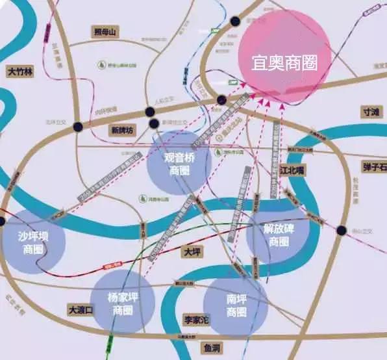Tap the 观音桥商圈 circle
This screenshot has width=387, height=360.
coord(179,162)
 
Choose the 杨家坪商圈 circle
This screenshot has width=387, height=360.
coord(123,303)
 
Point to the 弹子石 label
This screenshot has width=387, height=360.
coord(374,168)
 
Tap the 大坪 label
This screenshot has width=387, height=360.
coord(192,251)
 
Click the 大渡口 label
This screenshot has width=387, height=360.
coord(81,310)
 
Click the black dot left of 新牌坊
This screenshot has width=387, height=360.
coord(79,127)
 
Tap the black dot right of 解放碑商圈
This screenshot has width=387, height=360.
coord(342,230)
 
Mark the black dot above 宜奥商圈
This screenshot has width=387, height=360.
coord(235,21)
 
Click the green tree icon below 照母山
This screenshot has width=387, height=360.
coord(102,64)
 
